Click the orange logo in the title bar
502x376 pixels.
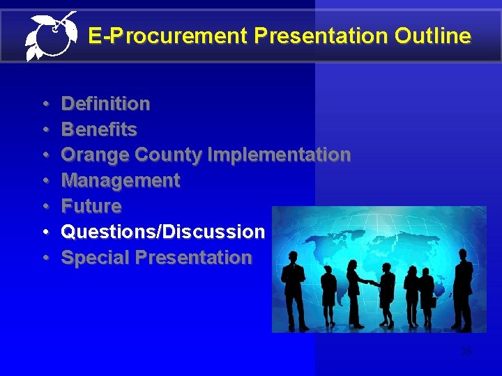click(50, 36)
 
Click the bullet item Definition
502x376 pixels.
click(105, 104)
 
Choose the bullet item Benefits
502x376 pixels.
click(99, 130)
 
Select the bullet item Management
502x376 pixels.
click(121, 181)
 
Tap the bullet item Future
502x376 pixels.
click(91, 207)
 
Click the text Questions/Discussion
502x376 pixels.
click(163, 232)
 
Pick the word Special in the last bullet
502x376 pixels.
click(96, 258)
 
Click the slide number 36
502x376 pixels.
click(466, 351)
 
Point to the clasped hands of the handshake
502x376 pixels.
click(373, 283)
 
